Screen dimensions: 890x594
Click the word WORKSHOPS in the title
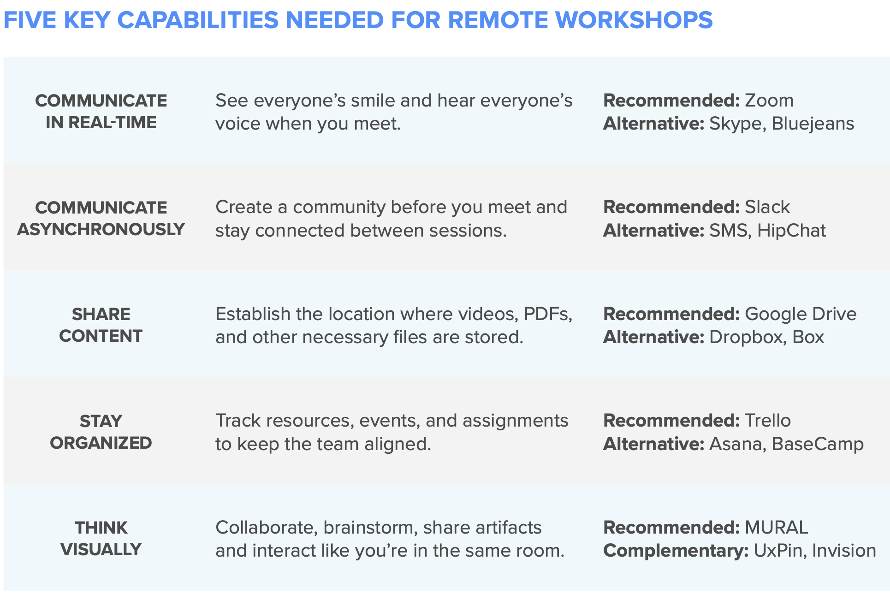point(634,20)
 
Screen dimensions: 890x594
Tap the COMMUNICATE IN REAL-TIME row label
point(101,112)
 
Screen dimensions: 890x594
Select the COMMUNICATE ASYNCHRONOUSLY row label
point(101,219)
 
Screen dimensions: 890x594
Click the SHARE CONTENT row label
point(101,325)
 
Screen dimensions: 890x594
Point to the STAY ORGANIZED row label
point(101,432)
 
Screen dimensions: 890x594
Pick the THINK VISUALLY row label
point(101,539)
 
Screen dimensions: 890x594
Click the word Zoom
point(769,101)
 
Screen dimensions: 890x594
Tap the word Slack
point(767,207)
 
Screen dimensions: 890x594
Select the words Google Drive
point(801,314)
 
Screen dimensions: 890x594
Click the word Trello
point(768,421)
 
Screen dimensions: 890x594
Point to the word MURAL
point(777,528)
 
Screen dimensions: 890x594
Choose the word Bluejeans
point(813,124)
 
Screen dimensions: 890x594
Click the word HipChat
point(791,231)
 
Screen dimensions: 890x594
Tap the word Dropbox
point(746,338)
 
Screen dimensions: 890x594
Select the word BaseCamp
point(818,444)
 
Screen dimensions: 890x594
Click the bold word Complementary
point(676,551)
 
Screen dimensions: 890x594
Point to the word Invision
point(844,551)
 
